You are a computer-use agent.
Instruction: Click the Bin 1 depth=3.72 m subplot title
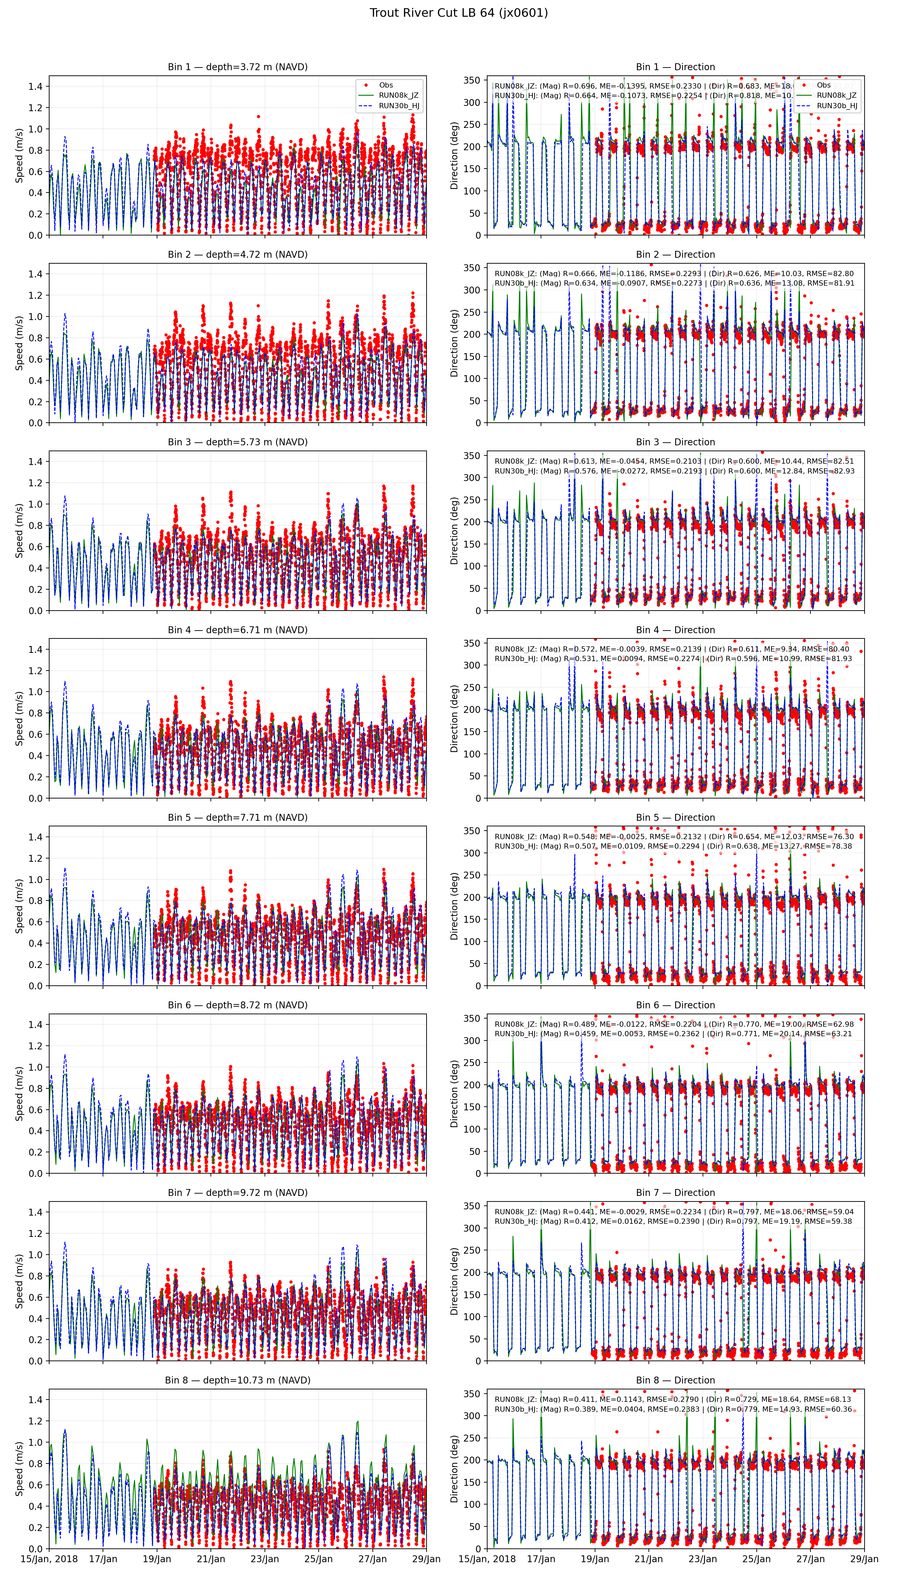(237, 67)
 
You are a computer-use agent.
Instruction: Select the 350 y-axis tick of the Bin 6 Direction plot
(472, 1018)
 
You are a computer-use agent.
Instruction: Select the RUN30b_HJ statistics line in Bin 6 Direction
(673, 1034)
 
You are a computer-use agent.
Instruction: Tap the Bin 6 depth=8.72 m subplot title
(237, 1005)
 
